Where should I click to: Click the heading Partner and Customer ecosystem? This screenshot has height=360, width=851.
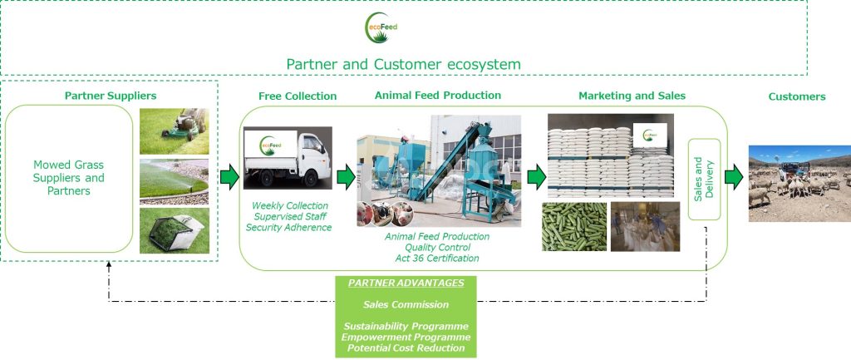(x=403, y=64)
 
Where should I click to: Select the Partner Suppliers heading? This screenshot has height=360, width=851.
(x=111, y=96)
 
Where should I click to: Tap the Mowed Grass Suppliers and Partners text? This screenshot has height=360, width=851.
(x=68, y=178)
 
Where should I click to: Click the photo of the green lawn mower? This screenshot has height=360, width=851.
(x=174, y=131)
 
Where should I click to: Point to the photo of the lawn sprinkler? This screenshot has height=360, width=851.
(x=174, y=181)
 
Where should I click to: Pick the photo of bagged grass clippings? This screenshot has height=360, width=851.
(x=174, y=231)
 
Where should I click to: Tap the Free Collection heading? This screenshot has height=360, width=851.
(x=298, y=96)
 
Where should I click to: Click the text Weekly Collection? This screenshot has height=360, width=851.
(x=290, y=205)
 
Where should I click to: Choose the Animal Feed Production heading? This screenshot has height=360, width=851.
(x=438, y=96)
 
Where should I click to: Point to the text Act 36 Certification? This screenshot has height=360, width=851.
(x=437, y=259)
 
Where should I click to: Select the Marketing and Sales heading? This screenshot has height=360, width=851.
(x=632, y=96)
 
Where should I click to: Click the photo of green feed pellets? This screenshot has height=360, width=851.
(x=573, y=227)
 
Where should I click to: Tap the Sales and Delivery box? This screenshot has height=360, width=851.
(x=704, y=179)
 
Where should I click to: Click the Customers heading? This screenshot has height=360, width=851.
(x=796, y=97)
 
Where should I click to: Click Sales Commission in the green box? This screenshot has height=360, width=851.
(x=406, y=304)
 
